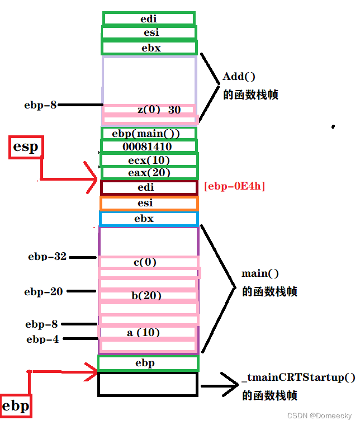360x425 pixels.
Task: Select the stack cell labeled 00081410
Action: click(149, 147)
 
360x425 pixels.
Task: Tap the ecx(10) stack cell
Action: click(149, 160)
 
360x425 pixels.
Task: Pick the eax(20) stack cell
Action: click(149, 173)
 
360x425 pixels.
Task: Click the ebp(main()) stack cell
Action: click(149, 134)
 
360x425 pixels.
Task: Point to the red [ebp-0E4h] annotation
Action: click(235, 186)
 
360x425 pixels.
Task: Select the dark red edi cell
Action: click(149, 187)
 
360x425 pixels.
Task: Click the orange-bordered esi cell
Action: click(149, 203)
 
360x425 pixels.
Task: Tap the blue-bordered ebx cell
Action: click(149, 219)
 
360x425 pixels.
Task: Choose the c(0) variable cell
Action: click(149, 262)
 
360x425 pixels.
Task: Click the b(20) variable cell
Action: click(148, 296)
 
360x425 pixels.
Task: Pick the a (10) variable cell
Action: click(148, 333)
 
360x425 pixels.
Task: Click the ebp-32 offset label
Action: click(47, 257)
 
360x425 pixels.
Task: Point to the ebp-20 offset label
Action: click(44, 291)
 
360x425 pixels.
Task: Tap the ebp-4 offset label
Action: click(42, 339)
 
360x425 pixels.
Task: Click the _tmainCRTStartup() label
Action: click(299, 377)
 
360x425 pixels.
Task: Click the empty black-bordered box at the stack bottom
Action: click(148, 384)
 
